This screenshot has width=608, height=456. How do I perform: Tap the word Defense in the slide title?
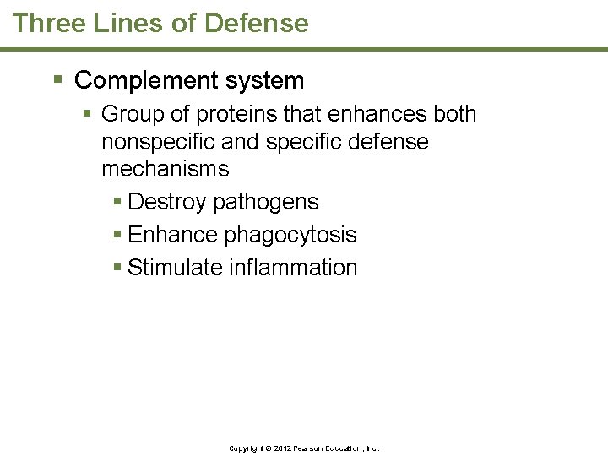point(257,23)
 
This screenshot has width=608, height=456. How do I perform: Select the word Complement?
point(139,81)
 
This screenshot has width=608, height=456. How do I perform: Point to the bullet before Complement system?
point(57,81)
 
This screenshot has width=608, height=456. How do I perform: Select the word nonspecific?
point(155,142)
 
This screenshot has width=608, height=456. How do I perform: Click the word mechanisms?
point(165,169)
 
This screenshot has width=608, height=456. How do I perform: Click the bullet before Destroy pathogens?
point(117,202)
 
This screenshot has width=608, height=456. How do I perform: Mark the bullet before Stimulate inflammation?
point(117,268)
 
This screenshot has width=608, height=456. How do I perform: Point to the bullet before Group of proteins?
point(89,113)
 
